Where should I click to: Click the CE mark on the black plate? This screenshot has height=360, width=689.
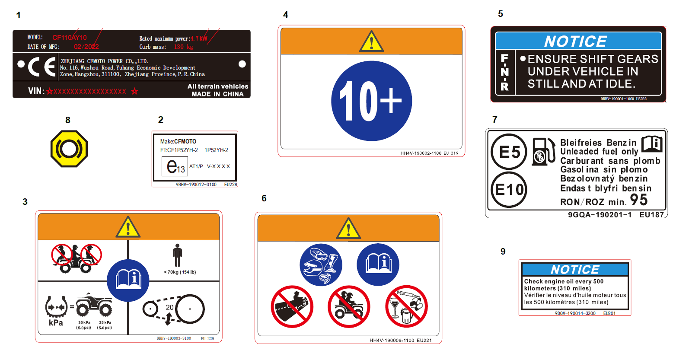[42, 67]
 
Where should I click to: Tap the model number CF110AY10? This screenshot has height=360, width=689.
[70, 38]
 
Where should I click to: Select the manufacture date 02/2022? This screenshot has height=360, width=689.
[86, 47]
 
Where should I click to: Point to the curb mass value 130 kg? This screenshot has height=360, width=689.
[184, 47]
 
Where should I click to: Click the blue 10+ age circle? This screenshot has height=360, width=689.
[371, 101]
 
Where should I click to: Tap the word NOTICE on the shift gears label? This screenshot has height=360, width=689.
[575, 41]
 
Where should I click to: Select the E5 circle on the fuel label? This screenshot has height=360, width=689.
[509, 152]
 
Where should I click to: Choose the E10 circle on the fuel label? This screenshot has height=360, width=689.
[509, 189]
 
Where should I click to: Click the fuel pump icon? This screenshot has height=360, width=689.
[543, 152]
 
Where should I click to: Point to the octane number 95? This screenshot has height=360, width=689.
[639, 200]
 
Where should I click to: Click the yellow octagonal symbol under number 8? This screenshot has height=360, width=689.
[69, 149]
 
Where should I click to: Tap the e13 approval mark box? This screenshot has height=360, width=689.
[175, 166]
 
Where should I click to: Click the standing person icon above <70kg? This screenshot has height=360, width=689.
[177, 255]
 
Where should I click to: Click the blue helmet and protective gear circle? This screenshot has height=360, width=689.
[321, 264]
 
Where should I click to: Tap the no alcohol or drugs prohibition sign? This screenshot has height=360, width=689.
[406, 306]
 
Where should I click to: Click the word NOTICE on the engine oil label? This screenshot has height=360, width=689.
[574, 270]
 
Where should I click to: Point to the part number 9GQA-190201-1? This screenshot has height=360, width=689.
[600, 215]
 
